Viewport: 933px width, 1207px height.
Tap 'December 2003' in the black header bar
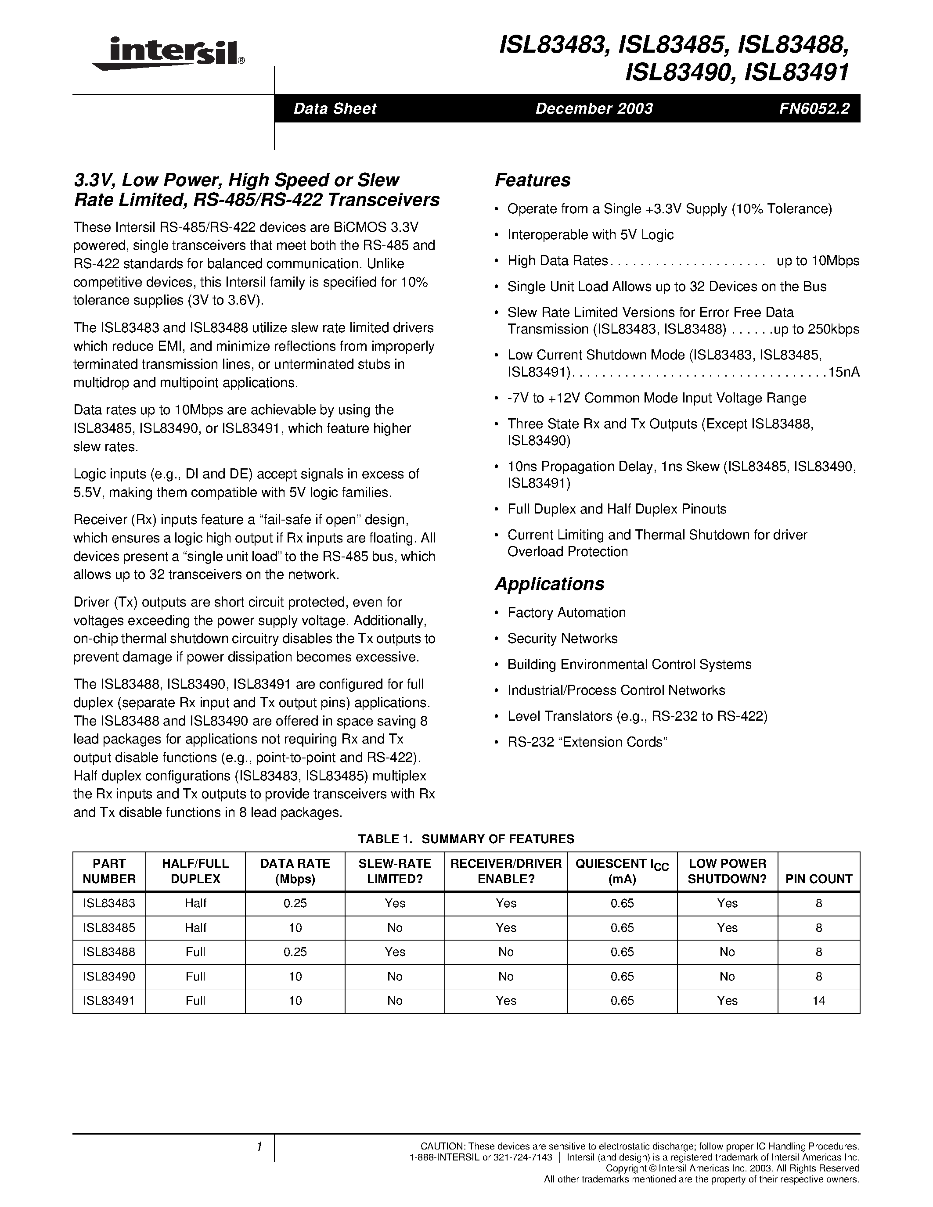pos(594,108)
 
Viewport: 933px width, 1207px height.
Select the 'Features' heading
pos(532,180)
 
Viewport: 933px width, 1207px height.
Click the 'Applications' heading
pos(549,584)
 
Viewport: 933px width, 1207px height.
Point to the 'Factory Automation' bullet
pos(566,612)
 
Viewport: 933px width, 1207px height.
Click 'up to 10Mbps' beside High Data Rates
pos(818,261)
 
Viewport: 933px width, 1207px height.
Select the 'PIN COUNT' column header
pos(818,879)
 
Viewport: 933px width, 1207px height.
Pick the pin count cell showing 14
pos(818,1000)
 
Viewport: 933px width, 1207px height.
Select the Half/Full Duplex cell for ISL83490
pos(196,976)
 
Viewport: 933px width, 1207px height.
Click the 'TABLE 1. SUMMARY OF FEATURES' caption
pos(466,839)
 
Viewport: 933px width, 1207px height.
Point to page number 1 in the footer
pos(259,1147)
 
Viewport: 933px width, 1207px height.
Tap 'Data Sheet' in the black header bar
pos(335,108)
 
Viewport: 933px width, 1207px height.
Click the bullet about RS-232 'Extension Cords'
pos(587,742)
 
